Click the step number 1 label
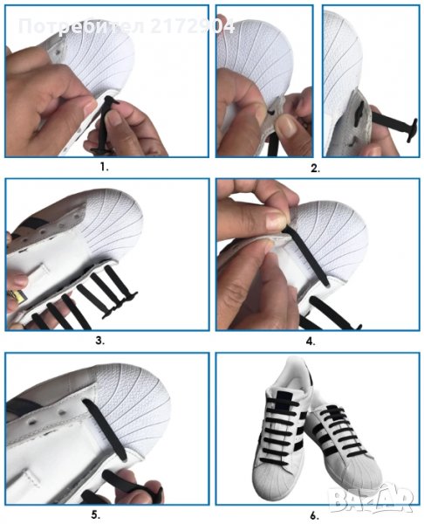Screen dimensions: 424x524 click(104, 167)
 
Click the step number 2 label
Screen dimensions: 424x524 click(315, 169)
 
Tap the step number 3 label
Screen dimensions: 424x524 click(100, 341)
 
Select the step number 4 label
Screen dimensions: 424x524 click(311, 341)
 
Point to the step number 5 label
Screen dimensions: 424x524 click(96, 515)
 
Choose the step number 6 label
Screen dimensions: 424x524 click(314, 515)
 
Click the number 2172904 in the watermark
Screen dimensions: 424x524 click(193, 26)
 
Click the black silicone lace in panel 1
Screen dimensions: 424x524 click(106, 124)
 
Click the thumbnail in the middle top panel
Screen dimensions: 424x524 click(286, 126)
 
